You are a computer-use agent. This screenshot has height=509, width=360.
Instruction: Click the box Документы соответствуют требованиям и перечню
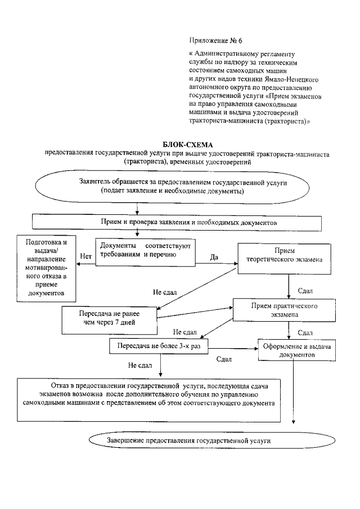[146, 250]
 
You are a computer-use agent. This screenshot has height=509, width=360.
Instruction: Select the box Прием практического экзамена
[281, 310]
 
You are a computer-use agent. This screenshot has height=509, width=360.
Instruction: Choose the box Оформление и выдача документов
[292, 350]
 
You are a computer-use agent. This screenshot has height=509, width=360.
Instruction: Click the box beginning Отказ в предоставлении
[148, 399]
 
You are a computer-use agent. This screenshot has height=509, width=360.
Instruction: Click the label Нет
[86, 256]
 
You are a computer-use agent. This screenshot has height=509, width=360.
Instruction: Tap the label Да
[214, 257]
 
